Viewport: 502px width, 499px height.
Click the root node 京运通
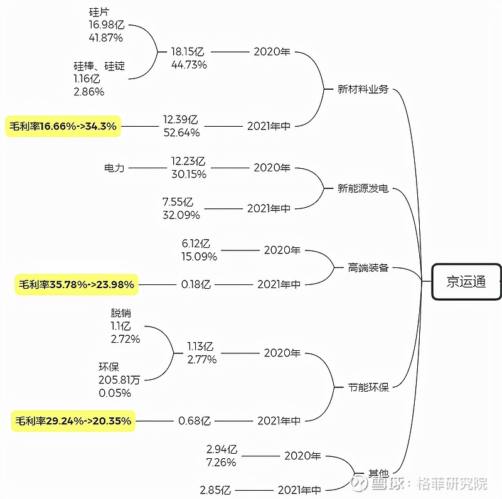(x=466, y=282)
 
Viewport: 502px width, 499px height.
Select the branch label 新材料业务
(x=363, y=89)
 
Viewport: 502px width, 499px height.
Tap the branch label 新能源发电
(x=363, y=188)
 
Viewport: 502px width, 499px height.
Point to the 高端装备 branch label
(x=368, y=268)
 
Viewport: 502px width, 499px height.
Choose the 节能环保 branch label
(x=368, y=387)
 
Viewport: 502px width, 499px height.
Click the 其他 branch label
(x=378, y=473)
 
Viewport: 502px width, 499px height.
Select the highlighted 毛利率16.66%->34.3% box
(x=63, y=126)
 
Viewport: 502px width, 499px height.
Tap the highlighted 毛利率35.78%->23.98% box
(x=75, y=284)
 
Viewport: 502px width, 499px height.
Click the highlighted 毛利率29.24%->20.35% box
(x=73, y=421)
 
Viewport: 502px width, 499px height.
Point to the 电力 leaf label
(x=114, y=168)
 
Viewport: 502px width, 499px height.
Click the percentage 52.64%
(x=181, y=132)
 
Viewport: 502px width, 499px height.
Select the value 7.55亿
(x=178, y=202)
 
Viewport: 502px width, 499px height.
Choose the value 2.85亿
(x=215, y=490)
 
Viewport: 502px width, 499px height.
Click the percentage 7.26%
(x=221, y=462)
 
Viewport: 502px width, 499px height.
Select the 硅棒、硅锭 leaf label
(x=99, y=66)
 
